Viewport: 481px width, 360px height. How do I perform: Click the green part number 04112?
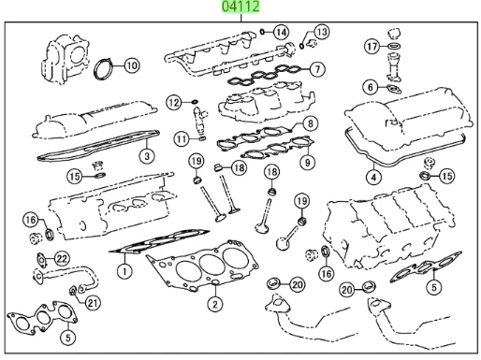240,7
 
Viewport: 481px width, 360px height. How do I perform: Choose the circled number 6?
371,87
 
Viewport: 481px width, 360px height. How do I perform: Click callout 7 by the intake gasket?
318,68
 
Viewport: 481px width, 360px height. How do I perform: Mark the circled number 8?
311,122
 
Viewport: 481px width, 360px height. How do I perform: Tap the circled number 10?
131,65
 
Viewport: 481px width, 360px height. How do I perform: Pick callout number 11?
180,138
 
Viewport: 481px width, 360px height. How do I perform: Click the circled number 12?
174,101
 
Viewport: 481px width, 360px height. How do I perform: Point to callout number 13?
321,32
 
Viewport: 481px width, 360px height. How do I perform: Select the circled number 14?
281,32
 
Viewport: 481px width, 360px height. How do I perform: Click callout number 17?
371,45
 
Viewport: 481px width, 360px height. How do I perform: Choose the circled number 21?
93,302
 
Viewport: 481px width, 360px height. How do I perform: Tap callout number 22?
62,258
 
